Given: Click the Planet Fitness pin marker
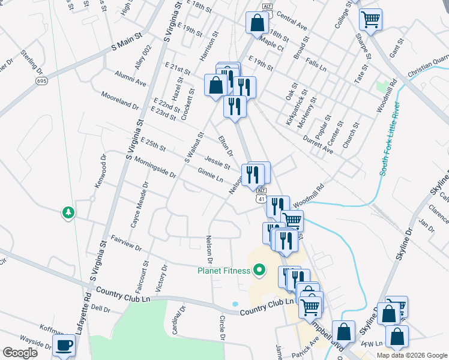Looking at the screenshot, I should (259, 271).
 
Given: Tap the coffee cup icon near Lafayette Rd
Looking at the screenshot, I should (64, 344).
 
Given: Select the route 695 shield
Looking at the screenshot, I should (41, 81).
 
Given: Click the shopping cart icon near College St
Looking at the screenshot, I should (370, 19).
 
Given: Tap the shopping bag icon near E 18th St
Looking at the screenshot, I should (257, 23).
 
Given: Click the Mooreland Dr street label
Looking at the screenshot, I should (120, 100).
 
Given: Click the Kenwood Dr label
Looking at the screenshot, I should (100, 173).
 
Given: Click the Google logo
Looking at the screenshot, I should (20, 352).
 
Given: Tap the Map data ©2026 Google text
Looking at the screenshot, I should (412, 355).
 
